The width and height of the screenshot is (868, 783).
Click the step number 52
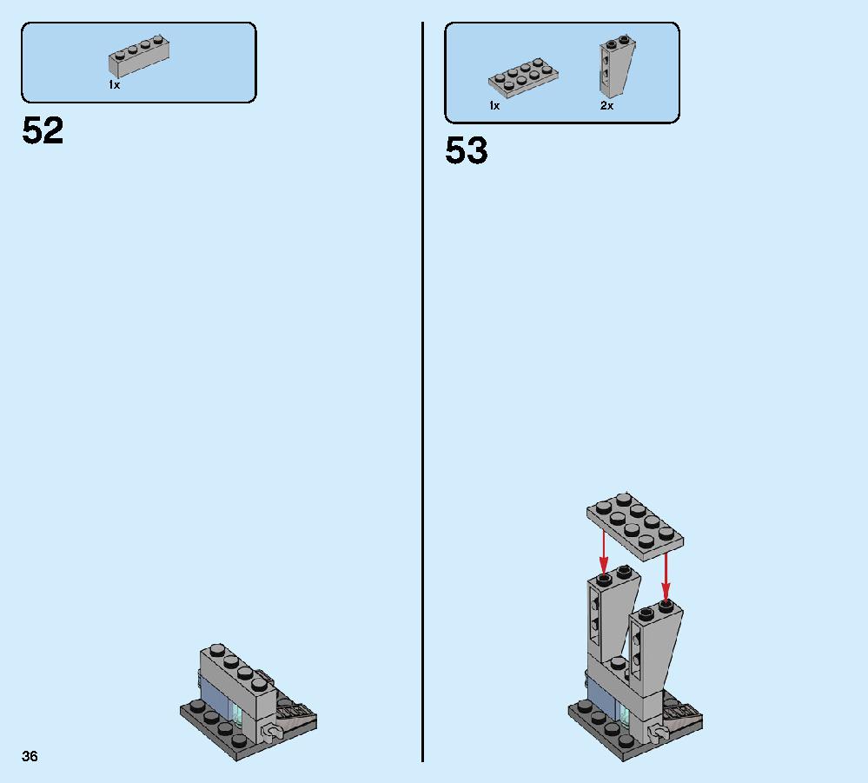43,130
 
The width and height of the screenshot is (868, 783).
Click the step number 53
466,150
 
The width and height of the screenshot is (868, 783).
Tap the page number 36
30,756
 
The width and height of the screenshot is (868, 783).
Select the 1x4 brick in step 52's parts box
139,56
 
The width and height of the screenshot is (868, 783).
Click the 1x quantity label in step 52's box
114,84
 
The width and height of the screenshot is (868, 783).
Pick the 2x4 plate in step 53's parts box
523,77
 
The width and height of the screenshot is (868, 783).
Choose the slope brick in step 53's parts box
616,66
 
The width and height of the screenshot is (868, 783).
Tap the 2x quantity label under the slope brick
606,105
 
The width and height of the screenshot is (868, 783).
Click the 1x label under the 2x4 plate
494,105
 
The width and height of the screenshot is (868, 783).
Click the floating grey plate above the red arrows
635,526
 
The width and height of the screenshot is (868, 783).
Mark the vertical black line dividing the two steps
423,392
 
